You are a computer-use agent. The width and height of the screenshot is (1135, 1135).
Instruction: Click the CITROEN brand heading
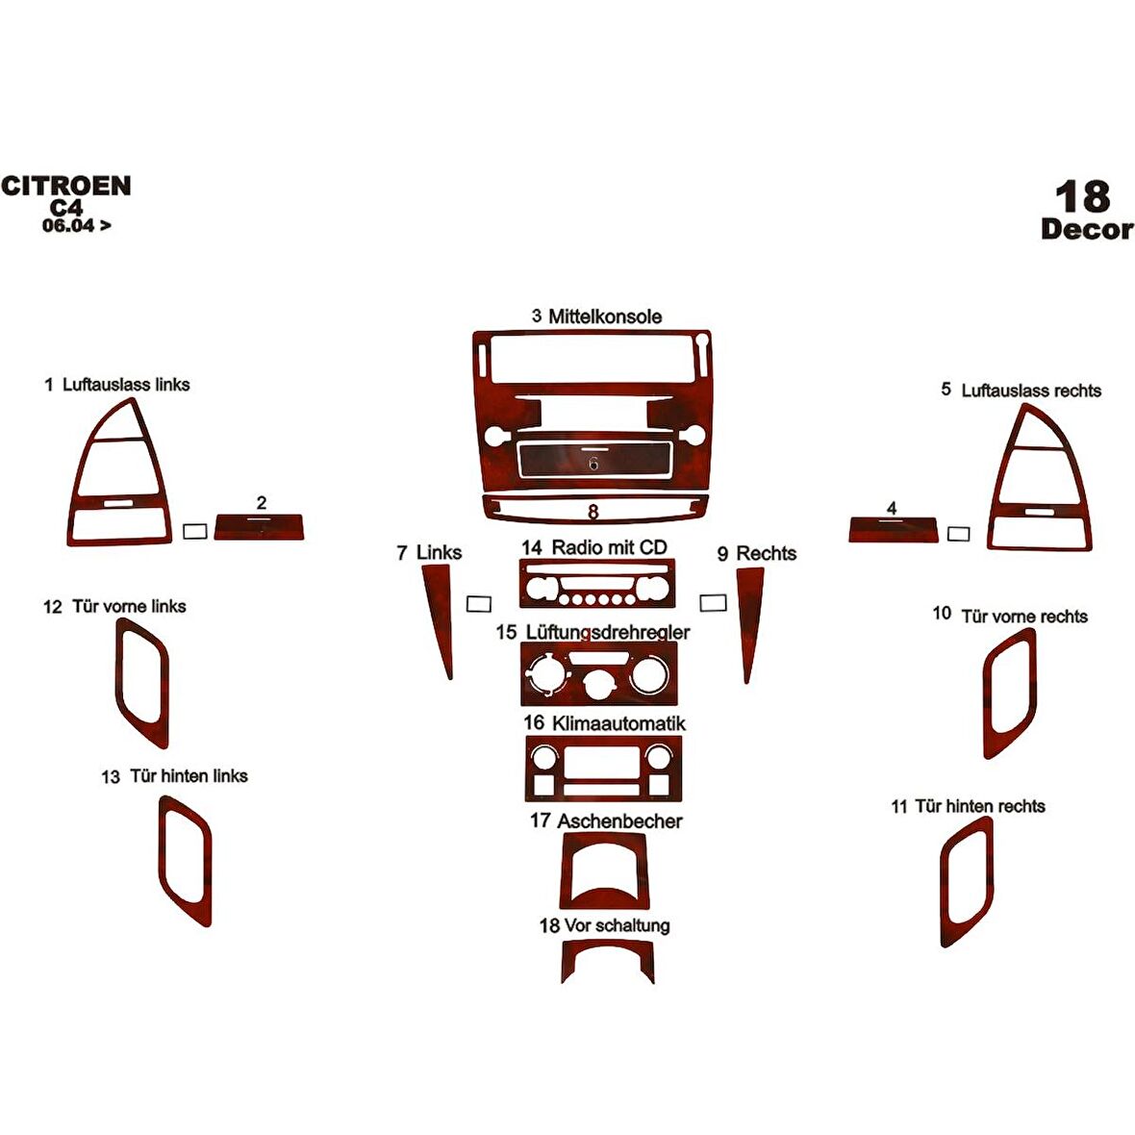[x=65, y=186]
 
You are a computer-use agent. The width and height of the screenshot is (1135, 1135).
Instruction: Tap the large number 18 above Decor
[x=1082, y=197]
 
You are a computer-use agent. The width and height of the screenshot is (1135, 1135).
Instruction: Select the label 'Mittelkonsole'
[x=605, y=316]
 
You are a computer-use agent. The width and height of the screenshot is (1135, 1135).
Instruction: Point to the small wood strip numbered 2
[x=259, y=527]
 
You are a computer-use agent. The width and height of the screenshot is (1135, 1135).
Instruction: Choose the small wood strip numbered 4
[x=893, y=529]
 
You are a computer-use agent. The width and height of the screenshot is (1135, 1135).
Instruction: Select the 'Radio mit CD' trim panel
[x=596, y=584]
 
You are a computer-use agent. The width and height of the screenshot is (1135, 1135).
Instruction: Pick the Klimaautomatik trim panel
[x=603, y=769]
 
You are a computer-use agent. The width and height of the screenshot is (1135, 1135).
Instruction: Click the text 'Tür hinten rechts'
[x=979, y=806]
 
